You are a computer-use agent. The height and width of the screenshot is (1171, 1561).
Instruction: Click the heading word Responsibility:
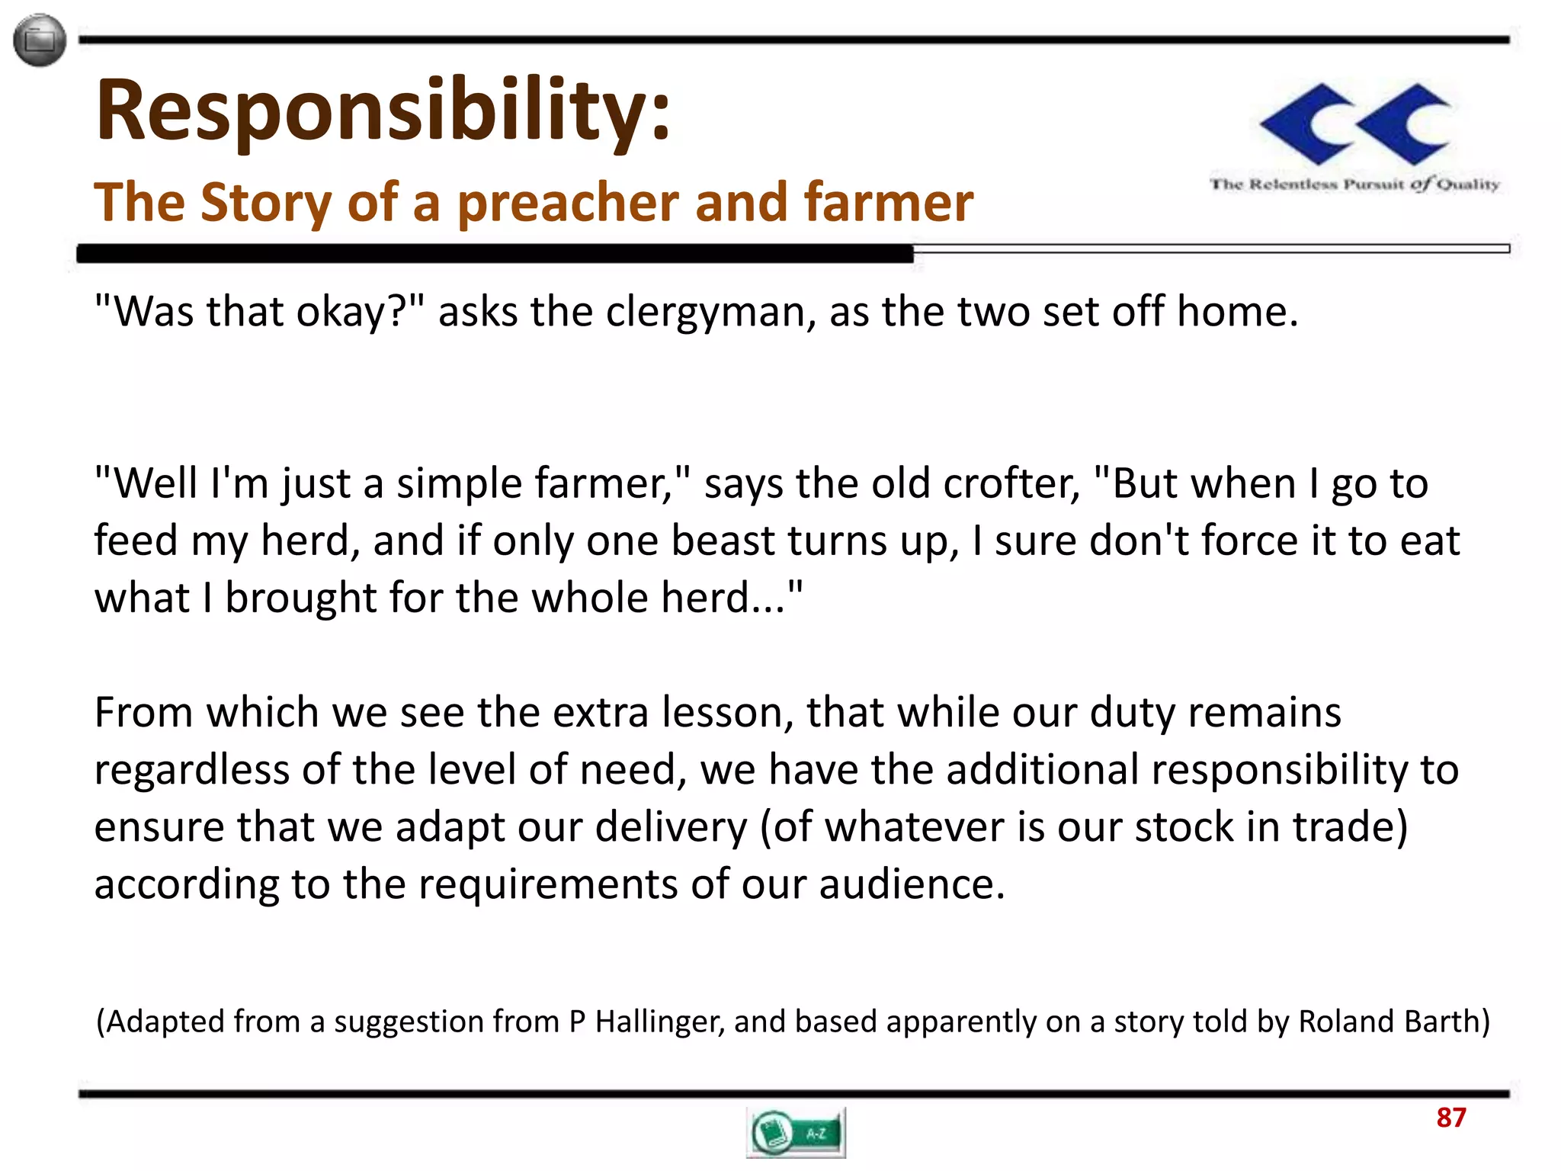tap(383, 111)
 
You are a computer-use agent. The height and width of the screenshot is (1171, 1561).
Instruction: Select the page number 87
tap(1450, 1118)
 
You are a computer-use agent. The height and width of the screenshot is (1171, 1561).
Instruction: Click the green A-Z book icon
tap(796, 1133)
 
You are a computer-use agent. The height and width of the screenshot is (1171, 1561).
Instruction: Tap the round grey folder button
tap(40, 40)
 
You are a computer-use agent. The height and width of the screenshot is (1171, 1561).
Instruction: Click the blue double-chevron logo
tap(1355, 124)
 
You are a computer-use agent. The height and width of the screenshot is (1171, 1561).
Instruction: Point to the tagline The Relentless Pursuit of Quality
tap(1354, 184)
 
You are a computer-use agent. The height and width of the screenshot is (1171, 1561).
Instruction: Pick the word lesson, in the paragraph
tap(727, 712)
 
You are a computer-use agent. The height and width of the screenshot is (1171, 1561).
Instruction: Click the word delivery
tap(671, 827)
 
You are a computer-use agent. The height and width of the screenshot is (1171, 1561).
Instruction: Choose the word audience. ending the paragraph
tap(912, 884)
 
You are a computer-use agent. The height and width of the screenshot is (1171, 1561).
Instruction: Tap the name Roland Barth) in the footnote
tap(1393, 1022)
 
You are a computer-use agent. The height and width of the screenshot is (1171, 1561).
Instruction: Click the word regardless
tap(191, 770)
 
